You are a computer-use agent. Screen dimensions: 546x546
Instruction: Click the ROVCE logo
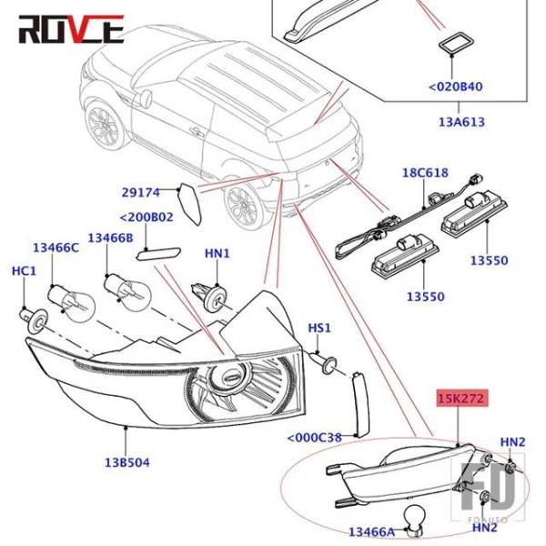pyautogui.click(x=70, y=28)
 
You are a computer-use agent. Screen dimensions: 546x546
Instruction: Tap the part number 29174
pyautogui.click(x=141, y=192)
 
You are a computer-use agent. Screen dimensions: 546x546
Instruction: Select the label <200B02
pyautogui.click(x=147, y=218)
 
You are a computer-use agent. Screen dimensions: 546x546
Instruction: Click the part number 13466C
pyautogui.click(x=56, y=248)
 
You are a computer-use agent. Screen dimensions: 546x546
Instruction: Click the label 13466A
pyautogui.click(x=371, y=531)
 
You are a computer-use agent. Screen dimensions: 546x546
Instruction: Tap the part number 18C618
pyautogui.click(x=425, y=173)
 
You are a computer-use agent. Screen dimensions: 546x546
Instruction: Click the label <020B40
pyautogui.click(x=455, y=87)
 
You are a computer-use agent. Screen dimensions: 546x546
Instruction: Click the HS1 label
pyautogui.click(x=319, y=328)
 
